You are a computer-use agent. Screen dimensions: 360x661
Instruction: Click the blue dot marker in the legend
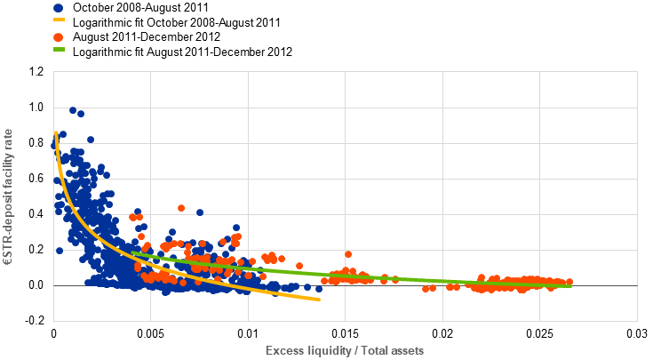pyautogui.click(x=59, y=7)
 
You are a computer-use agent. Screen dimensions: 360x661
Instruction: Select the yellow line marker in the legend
pyautogui.click(x=59, y=19)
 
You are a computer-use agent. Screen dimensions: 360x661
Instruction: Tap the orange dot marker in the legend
pyautogui.click(x=59, y=37)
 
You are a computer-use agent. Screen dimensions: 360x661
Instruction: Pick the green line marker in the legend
pyautogui.click(x=59, y=49)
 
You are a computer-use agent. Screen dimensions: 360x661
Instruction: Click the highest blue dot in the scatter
pyautogui.click(x=73, y=110)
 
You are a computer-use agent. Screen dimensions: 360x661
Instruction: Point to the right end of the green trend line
pyautogui.click(x=570, y=285)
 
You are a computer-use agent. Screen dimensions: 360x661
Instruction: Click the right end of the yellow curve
pyautogui.click(x=319, y=300)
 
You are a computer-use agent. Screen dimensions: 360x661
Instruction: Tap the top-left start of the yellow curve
pyautogui.click(x=56, y=133)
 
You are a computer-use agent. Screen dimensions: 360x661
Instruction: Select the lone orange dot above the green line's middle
pyautogui.click(x=348, y=254)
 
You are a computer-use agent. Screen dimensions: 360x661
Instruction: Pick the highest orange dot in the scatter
pyautogui.click(x=181, y=208)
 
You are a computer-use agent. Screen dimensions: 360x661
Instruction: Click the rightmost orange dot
pyautogui.click(x=569, y=282)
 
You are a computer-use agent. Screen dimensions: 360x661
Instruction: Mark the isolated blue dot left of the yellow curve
pyautogui.click(x=60, y=251)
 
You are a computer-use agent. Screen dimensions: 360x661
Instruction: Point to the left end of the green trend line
pyautogui.click(x=131, y=252)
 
